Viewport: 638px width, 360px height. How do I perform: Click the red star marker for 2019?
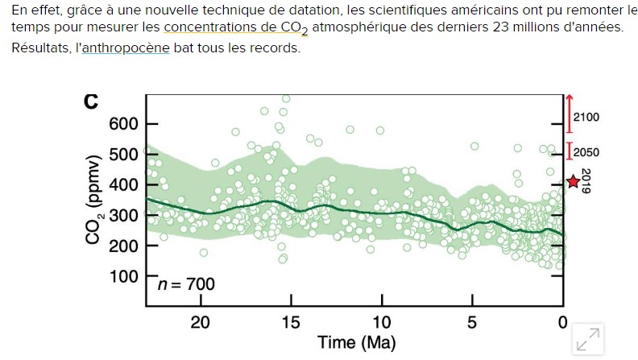click(573, 182)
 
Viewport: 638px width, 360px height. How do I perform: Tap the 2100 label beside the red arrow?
click(586, 117)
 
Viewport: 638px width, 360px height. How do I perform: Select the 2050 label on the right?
click(586, 152)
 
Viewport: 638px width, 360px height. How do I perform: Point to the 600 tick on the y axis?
click(124, 123)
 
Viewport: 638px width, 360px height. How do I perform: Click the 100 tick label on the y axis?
click(124, 276)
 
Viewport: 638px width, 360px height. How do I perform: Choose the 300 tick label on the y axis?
click(124, 215)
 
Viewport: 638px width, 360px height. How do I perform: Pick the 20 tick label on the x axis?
click(200, 323)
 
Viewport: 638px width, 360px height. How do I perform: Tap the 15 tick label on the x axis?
click(291, 323)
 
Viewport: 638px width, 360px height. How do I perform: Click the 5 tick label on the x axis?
click(472, 323)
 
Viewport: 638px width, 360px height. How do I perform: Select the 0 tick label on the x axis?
click(563, 323)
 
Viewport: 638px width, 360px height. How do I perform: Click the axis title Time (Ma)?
click(357, 343)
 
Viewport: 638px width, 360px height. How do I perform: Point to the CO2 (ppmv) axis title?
click(95, 200)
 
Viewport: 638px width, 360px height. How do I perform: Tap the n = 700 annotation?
click(186, 284)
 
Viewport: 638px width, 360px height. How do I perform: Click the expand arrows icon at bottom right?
click(588, 340)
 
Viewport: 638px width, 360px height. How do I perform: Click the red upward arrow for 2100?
click(569, 114)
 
